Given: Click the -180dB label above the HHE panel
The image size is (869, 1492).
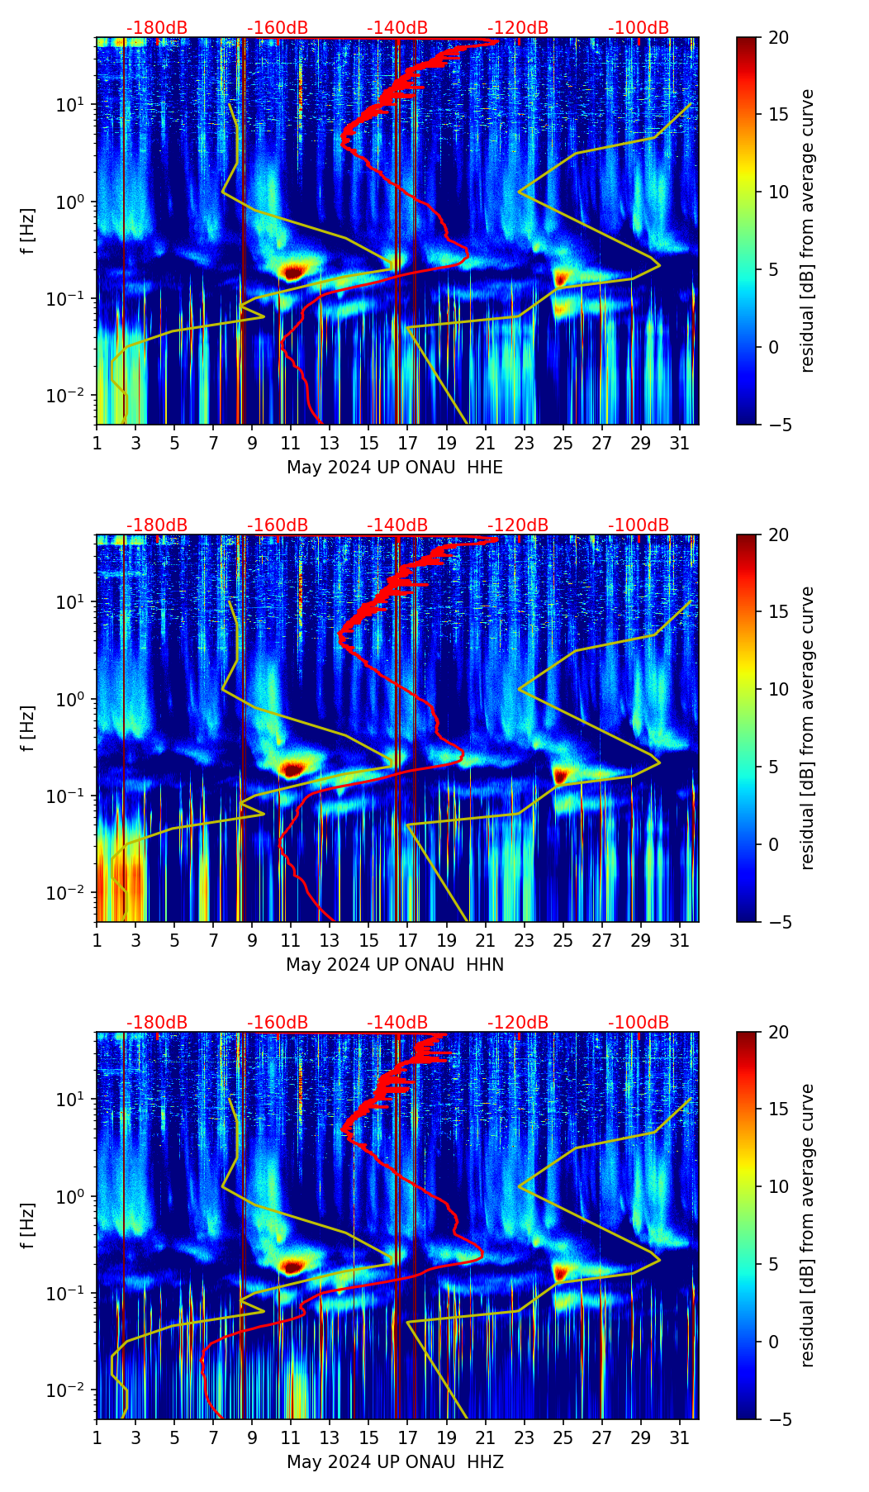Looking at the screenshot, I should (x=157, y=28).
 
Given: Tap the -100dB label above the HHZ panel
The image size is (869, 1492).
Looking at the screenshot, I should (x=639, y=1023).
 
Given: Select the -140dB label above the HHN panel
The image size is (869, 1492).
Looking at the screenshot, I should (x=397, y=525).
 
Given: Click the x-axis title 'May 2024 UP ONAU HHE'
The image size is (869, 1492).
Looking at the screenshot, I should (x=395, y=468).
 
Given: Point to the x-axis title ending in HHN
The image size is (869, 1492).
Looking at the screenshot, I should (x=395, y=965).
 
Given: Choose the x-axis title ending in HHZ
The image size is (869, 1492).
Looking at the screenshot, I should (x=395, y=1462).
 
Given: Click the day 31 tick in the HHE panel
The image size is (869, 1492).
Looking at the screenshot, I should (x=680, y=444).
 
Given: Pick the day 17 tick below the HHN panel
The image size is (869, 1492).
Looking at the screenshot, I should (x=408, y=941).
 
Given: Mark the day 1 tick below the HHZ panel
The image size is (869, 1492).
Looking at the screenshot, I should (x=97, y=1438).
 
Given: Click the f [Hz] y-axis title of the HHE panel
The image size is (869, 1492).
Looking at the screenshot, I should (x=29, y=231).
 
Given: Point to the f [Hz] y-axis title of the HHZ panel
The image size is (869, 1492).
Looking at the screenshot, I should (x=29, y=1226).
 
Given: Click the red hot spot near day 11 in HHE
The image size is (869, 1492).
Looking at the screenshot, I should (x=292, y=270).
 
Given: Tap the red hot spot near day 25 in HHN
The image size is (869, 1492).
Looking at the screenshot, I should (x=562, y=775).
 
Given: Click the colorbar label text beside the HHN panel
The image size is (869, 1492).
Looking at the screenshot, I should (x=808, y=728).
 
